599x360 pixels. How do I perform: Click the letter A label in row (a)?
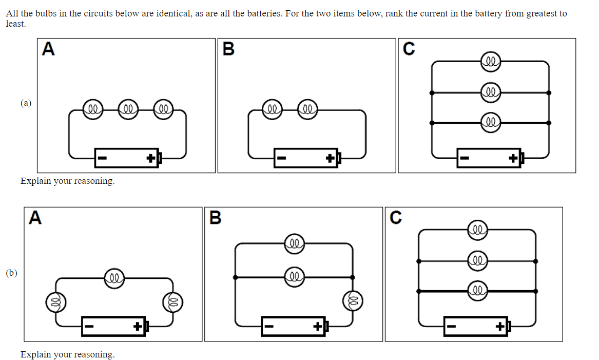point(48,49)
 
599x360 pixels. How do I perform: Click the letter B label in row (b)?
point(216,218)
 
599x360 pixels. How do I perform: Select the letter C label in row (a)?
point(409,49)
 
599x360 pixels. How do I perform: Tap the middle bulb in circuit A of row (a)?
point(128,109)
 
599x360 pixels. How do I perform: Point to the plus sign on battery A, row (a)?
point(151,159)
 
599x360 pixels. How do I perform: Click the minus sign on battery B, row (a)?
point(281,159)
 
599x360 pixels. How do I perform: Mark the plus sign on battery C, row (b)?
point(500,326)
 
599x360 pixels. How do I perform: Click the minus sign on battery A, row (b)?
point(89,326)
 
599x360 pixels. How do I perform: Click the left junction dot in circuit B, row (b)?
point(235,277)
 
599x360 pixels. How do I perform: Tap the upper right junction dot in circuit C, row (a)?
point(549,93)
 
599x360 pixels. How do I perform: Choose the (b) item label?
point(11,273)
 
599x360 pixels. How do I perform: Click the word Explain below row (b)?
point(35,354)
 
